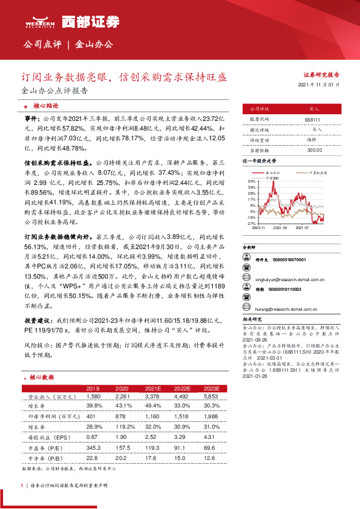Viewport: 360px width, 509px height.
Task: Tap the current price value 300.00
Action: tap(313, 149)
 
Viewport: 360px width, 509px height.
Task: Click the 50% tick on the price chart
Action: tap(250, 181)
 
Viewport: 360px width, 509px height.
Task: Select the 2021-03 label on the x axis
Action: tap(279, 228)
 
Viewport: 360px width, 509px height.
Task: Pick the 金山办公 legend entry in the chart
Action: tap(272, 173)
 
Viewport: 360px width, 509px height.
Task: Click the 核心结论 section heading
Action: tap(45, 105)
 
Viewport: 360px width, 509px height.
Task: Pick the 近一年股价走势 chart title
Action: tap(259, 162)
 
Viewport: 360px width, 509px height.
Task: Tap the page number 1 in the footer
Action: tap(22, 485)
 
